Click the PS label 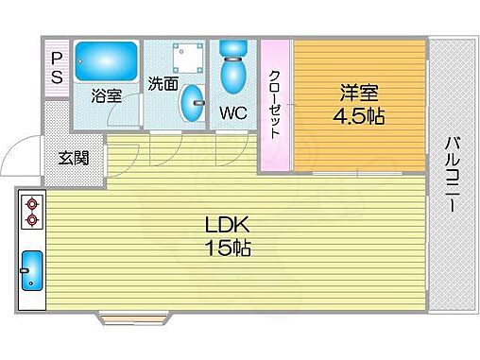click(x=56, y=68)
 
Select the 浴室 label click(x=106, y=95)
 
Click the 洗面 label click(x=163, y=84)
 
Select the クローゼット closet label click(x=275, y=104)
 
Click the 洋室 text click(x=360, y=93)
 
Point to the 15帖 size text click(x=228, y=250)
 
